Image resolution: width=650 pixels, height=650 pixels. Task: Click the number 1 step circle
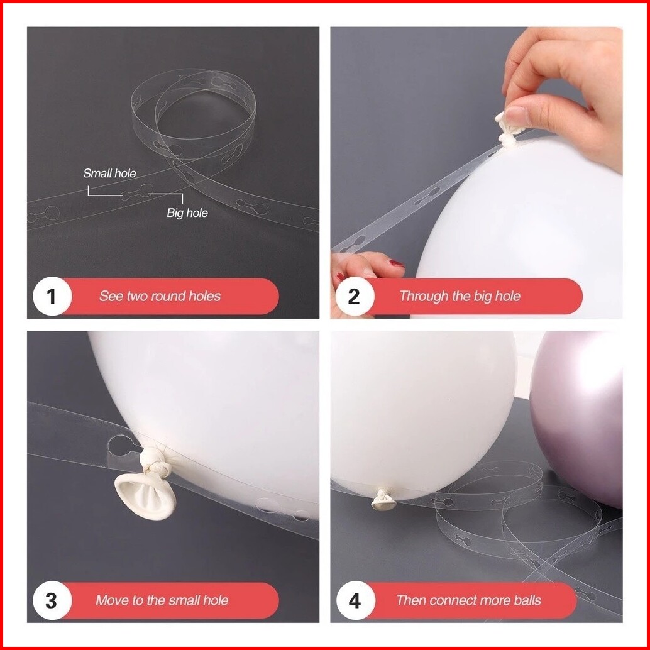[52, 296]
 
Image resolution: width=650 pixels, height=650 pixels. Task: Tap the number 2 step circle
[355, 296]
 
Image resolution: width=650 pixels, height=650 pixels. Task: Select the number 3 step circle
[52, 601]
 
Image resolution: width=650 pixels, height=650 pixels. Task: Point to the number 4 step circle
[355, 601]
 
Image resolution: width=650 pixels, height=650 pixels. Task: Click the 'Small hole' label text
[109, 174]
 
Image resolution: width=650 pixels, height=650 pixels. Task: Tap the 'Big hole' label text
[187, 213]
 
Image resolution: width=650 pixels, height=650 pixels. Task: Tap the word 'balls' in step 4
[527, 600]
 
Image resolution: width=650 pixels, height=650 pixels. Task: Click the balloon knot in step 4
[383, 499]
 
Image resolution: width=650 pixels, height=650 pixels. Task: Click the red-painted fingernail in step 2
[397, 263]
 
